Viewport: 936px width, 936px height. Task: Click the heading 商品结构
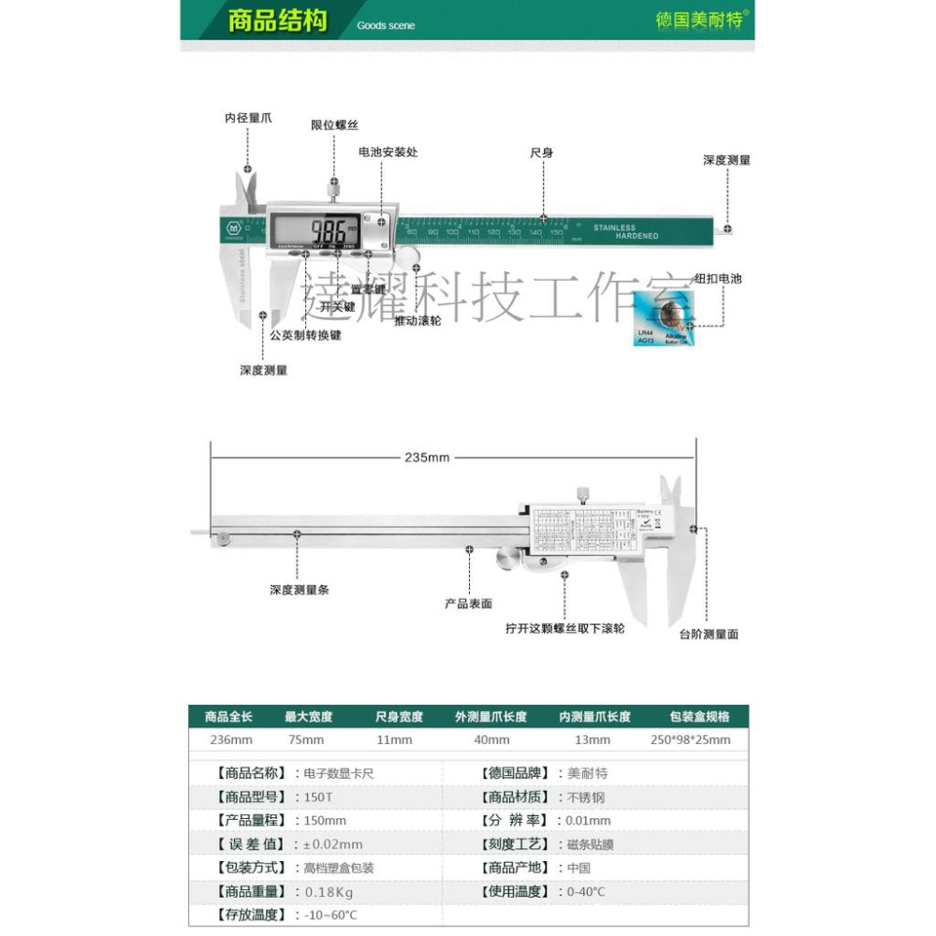coord(278,21)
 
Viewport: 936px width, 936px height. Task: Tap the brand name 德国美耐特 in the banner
coord(698,20)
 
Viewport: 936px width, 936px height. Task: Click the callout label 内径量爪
coord(248,118)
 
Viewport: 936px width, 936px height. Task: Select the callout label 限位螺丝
coord(334,124)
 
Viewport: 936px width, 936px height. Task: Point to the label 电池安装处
coord(388,152)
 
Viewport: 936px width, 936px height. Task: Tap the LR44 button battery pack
coord(661,318)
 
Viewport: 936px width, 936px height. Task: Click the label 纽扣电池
coord(717,279)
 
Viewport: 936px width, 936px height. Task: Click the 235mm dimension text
coord(427,458)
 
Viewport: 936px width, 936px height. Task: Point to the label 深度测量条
coord(300,590)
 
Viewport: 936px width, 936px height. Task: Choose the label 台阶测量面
coord(709,634)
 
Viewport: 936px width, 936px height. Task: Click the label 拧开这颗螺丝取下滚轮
coord(564,628)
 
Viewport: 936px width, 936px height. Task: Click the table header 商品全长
coord(228,717)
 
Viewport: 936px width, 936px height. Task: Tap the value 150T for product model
coord(317,797)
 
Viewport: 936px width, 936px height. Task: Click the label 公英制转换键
coord(305,335)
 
